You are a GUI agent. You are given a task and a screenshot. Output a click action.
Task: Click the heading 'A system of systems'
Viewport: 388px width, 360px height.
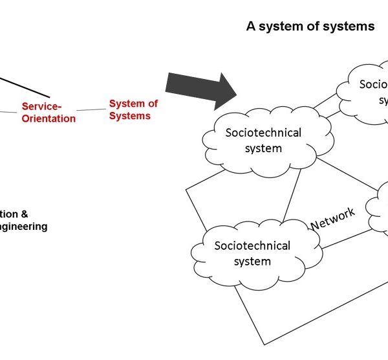[x=310, y=27]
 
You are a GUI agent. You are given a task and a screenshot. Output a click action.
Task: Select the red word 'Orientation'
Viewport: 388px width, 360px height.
[x=48, y=118]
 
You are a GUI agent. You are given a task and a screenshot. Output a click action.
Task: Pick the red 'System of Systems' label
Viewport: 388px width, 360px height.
[x=133, y=109]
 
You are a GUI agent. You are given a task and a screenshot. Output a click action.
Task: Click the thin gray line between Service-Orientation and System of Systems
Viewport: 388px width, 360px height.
[x=92, y=110]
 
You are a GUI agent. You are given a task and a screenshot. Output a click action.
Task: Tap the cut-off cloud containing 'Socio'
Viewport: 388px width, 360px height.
[x=365, y=91]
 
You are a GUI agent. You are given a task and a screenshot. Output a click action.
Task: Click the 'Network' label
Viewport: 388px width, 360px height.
[x=333, y=218]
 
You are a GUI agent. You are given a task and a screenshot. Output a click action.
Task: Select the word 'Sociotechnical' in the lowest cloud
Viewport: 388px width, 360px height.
[x=252, y=246]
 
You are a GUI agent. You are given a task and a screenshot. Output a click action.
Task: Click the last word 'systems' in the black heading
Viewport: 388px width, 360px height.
[x=354, y=27]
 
